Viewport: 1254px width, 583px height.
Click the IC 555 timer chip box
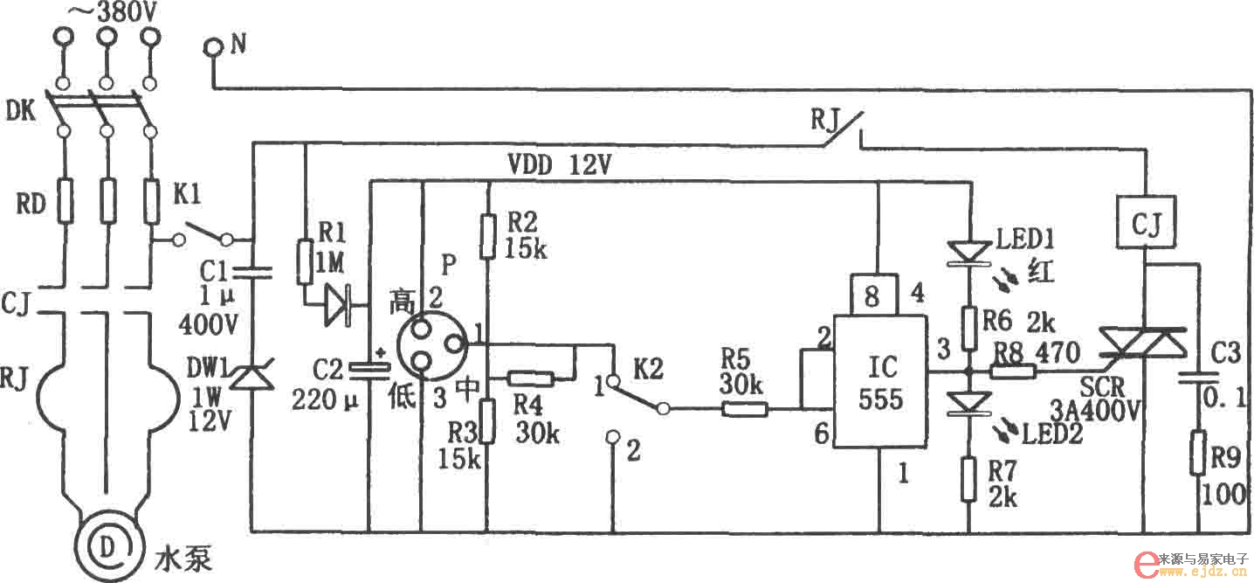click(879, 385)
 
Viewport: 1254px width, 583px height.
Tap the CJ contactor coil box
click(1144, 222)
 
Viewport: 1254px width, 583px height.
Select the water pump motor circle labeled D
click(107, 546)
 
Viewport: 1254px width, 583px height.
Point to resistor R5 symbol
click(743, 408)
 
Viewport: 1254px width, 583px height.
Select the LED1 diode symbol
click(968, 251)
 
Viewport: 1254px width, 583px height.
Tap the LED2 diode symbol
click(968, 403)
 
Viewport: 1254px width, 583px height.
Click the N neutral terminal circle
click(212, 48)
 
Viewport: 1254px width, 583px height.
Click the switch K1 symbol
click(203, 235)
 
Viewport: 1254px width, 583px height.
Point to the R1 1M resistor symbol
click(305, 262)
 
